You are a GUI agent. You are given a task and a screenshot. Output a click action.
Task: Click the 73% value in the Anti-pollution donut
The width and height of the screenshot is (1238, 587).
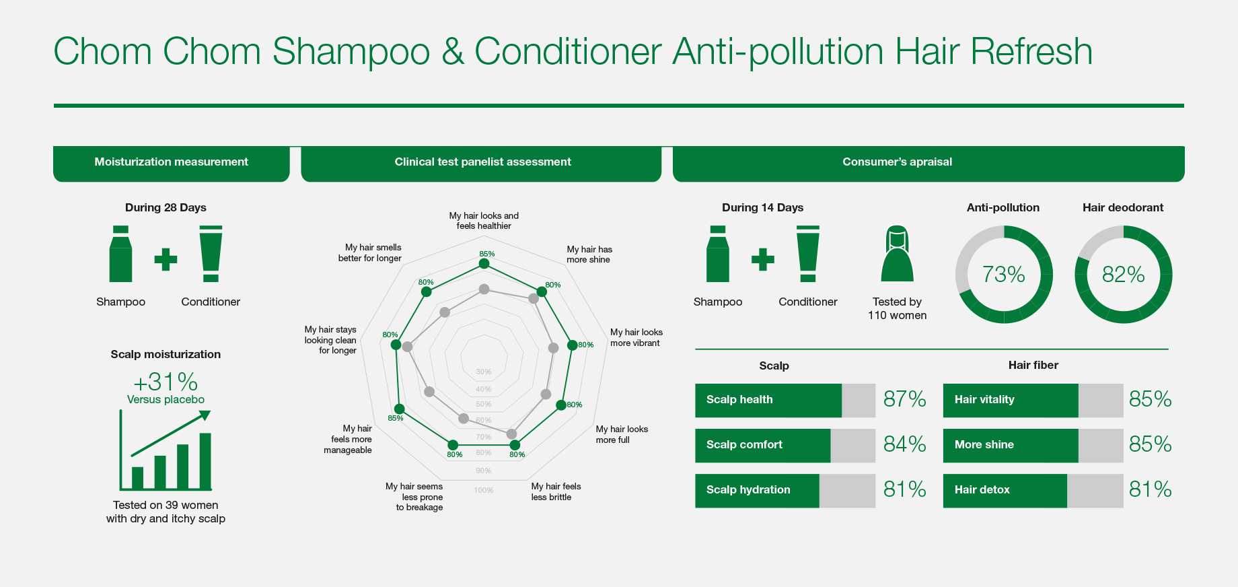pyautogui.click(x=1003, y=275)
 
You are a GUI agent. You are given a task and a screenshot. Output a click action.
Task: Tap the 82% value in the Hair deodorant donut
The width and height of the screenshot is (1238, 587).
pyautogui.click(x=1123, y=275)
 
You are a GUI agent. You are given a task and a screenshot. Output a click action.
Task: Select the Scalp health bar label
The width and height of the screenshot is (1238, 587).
pyautogui.click(x=739, y=399)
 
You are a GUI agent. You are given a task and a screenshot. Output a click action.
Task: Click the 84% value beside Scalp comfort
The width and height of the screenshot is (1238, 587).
pyautogui.click(x=904, y=444)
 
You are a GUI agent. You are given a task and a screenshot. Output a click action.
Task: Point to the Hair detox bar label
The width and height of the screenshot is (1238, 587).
pyautogui.click(x=982, y=489)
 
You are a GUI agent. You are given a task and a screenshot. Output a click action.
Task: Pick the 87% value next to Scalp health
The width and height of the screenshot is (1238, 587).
pyautogui.click(x=904, y=399)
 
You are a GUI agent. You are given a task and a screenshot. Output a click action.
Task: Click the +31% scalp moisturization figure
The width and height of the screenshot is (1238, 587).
pyautogui.click(x=166, y=382)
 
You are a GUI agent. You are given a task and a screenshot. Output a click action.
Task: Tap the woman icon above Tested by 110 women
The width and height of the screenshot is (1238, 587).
pyautogui.click(x=897, y=253)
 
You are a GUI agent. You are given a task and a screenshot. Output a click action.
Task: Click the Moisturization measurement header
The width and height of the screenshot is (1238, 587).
pyautogui.click(x=171, y=162)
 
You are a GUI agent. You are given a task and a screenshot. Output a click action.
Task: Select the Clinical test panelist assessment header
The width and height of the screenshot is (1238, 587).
pyautogui.click(x=482, y=162)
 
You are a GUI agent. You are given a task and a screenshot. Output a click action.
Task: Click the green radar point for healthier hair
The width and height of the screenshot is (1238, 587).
pyautogui.click(x=484, y=263)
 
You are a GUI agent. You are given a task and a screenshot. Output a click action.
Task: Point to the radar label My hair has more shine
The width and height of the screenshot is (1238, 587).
pyautogui.click(x=589, y=254)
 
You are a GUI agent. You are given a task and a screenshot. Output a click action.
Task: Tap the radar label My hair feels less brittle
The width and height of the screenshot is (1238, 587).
pyautogui.click(x=556, y=491)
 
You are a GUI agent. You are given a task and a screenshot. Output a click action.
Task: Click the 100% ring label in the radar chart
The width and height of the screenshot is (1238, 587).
pyautogui.click(x=483, y=490)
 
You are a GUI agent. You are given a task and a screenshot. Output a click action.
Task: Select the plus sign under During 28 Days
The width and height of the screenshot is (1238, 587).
pyautogui.click(x=166, y=259)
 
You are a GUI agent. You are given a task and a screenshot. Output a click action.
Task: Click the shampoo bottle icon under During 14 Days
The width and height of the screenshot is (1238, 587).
pyautogui.click(x=718, y=253)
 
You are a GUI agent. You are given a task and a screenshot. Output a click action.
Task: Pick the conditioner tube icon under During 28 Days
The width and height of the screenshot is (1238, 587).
pyautogui.click(x=211, y=253)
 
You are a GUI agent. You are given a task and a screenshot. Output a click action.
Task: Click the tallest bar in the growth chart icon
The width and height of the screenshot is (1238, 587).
pyautogui.click(x=205, y=460)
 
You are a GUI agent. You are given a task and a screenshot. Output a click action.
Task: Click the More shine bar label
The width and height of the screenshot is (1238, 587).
pyautogui.click(x=984, y=444)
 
